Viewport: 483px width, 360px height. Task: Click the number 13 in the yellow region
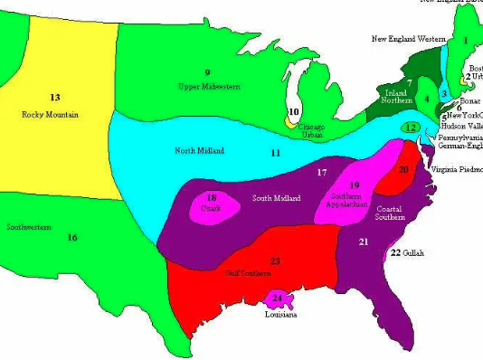(x=54, y=96)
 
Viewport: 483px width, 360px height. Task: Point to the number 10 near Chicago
(x=293, y=112)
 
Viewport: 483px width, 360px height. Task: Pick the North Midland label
(x=199, y=150)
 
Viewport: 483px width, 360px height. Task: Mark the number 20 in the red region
(x=404, y=169)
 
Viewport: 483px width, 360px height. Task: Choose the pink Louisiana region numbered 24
(x=278, y=298)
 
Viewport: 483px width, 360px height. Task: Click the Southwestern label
(x=27, y=227)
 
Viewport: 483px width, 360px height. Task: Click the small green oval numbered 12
(x=412, y=128)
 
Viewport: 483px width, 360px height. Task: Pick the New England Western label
(x=408, y=39)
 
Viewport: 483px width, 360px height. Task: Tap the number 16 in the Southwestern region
(x=71, y=237)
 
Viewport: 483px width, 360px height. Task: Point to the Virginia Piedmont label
(x=456, y=169)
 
